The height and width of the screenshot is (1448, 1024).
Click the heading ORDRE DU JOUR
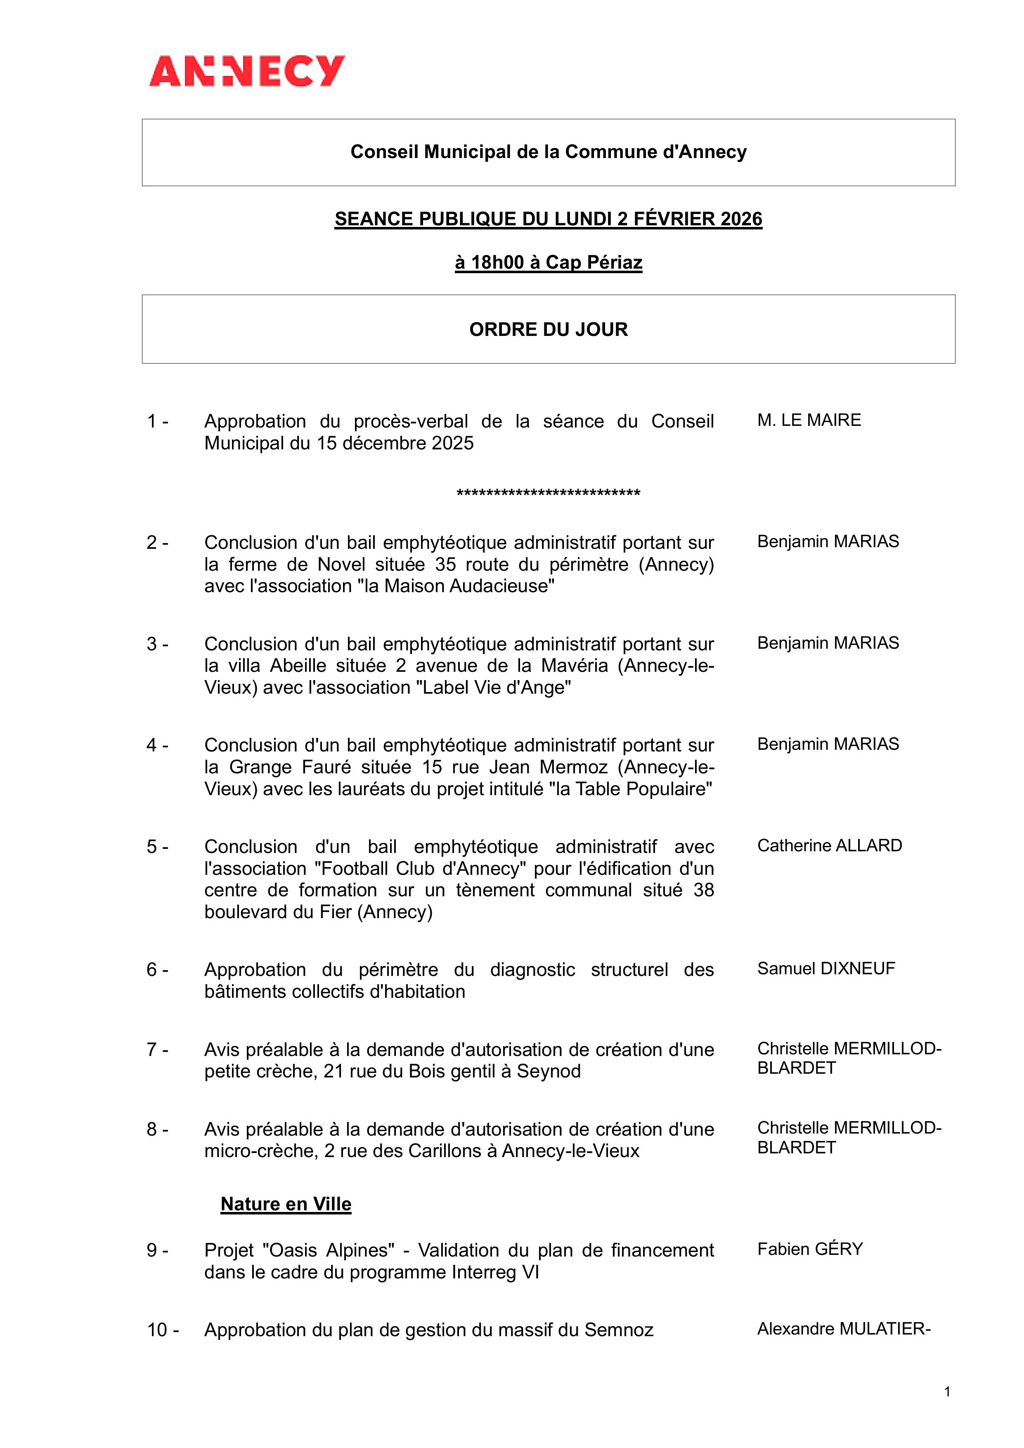[548, 329]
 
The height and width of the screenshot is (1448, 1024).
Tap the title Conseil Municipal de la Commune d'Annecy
[548, 152]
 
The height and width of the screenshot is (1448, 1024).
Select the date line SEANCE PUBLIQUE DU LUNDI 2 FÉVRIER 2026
[548, 219]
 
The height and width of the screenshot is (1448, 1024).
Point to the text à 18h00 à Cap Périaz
[548, 262]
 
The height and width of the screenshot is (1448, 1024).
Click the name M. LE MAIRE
[809, 420]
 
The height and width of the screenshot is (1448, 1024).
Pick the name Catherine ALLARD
[830, 845]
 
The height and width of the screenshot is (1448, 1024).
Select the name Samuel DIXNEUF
[826, 968]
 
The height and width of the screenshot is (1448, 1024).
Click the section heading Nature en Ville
[286, 1204]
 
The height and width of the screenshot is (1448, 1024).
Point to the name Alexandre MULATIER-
[844, 1329]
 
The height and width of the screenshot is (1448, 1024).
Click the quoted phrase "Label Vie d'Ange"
[493, 687]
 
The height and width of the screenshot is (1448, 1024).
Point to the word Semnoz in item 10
[618, 1330]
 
